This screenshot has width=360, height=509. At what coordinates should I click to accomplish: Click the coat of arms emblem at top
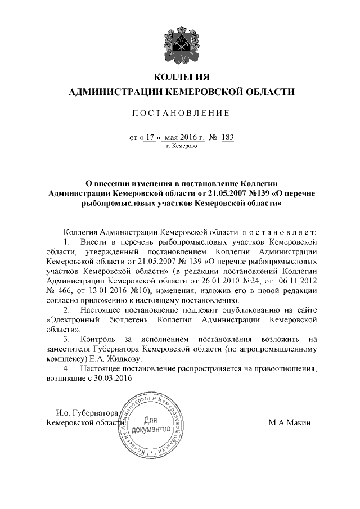coord(181,40)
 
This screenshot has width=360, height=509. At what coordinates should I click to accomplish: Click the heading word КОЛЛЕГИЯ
coord(181,77)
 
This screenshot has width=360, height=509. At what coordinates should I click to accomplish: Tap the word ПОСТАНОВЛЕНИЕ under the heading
coord(181,114)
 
